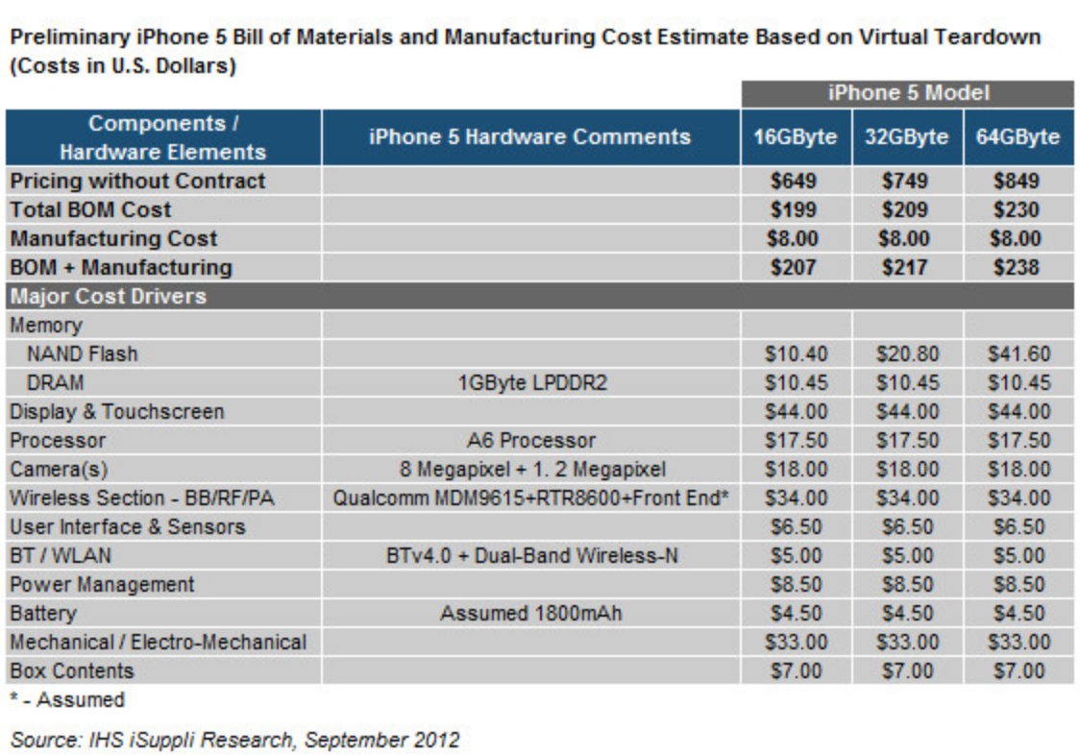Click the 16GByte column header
point(795,136)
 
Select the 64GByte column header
point(1018,136)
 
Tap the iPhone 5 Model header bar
point(907,94)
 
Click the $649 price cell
point(795,181)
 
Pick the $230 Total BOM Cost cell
point(1018,209)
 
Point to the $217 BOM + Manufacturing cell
point(906,267)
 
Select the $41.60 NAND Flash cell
point(1018,353)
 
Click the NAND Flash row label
point(83,353)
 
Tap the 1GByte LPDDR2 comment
point(530,382)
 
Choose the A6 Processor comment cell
point(530,440)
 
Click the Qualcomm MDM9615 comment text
point(530,498)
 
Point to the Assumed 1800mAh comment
point(530,613)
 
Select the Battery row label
point(43,613)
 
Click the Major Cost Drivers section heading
point(109,296)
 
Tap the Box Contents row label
point(72,670)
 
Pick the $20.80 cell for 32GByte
point(906,353)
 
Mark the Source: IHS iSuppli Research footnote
point(234,739)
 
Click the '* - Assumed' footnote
point(67,700)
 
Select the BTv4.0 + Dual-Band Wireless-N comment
point(530,555)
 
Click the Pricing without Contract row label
point(137,181)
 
